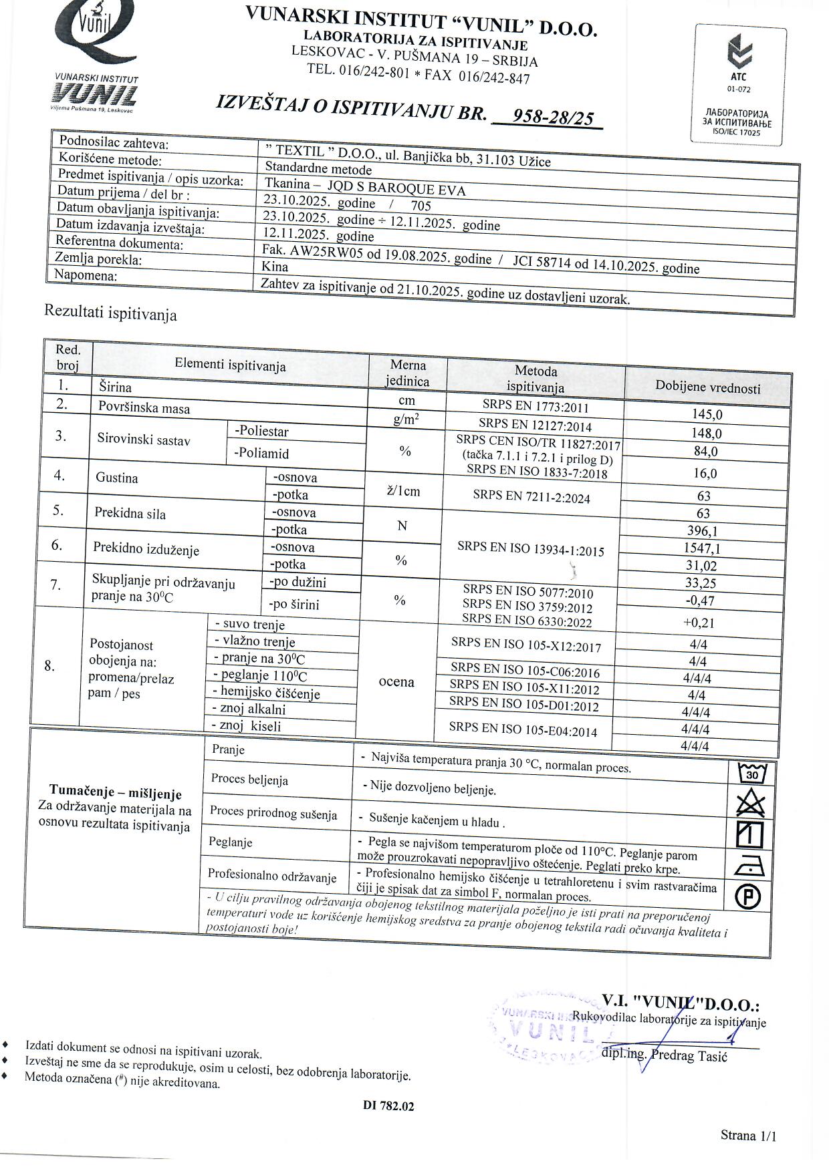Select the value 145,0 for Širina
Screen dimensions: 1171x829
(x=707, y=414)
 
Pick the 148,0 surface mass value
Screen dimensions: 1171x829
(x=707, y=433)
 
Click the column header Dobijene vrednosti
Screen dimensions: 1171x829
(x=707, y=387)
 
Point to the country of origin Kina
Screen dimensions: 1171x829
(x=275, y=267)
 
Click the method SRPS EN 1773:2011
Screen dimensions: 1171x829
(x=536, y=405)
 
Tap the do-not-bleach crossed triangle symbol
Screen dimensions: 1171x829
(x=750, y=804)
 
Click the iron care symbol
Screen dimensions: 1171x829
(x=749, y=866)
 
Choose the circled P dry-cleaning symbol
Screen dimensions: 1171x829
(x=748, y=896)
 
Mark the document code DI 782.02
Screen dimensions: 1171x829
(x=388, y=1106)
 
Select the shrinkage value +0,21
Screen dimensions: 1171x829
(x=699, y=623)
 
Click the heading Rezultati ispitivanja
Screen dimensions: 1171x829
(x=110, y=313)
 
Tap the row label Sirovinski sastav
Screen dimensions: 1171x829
(x=143, y=440)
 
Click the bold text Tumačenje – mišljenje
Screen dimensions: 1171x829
(x=115, y=794)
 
